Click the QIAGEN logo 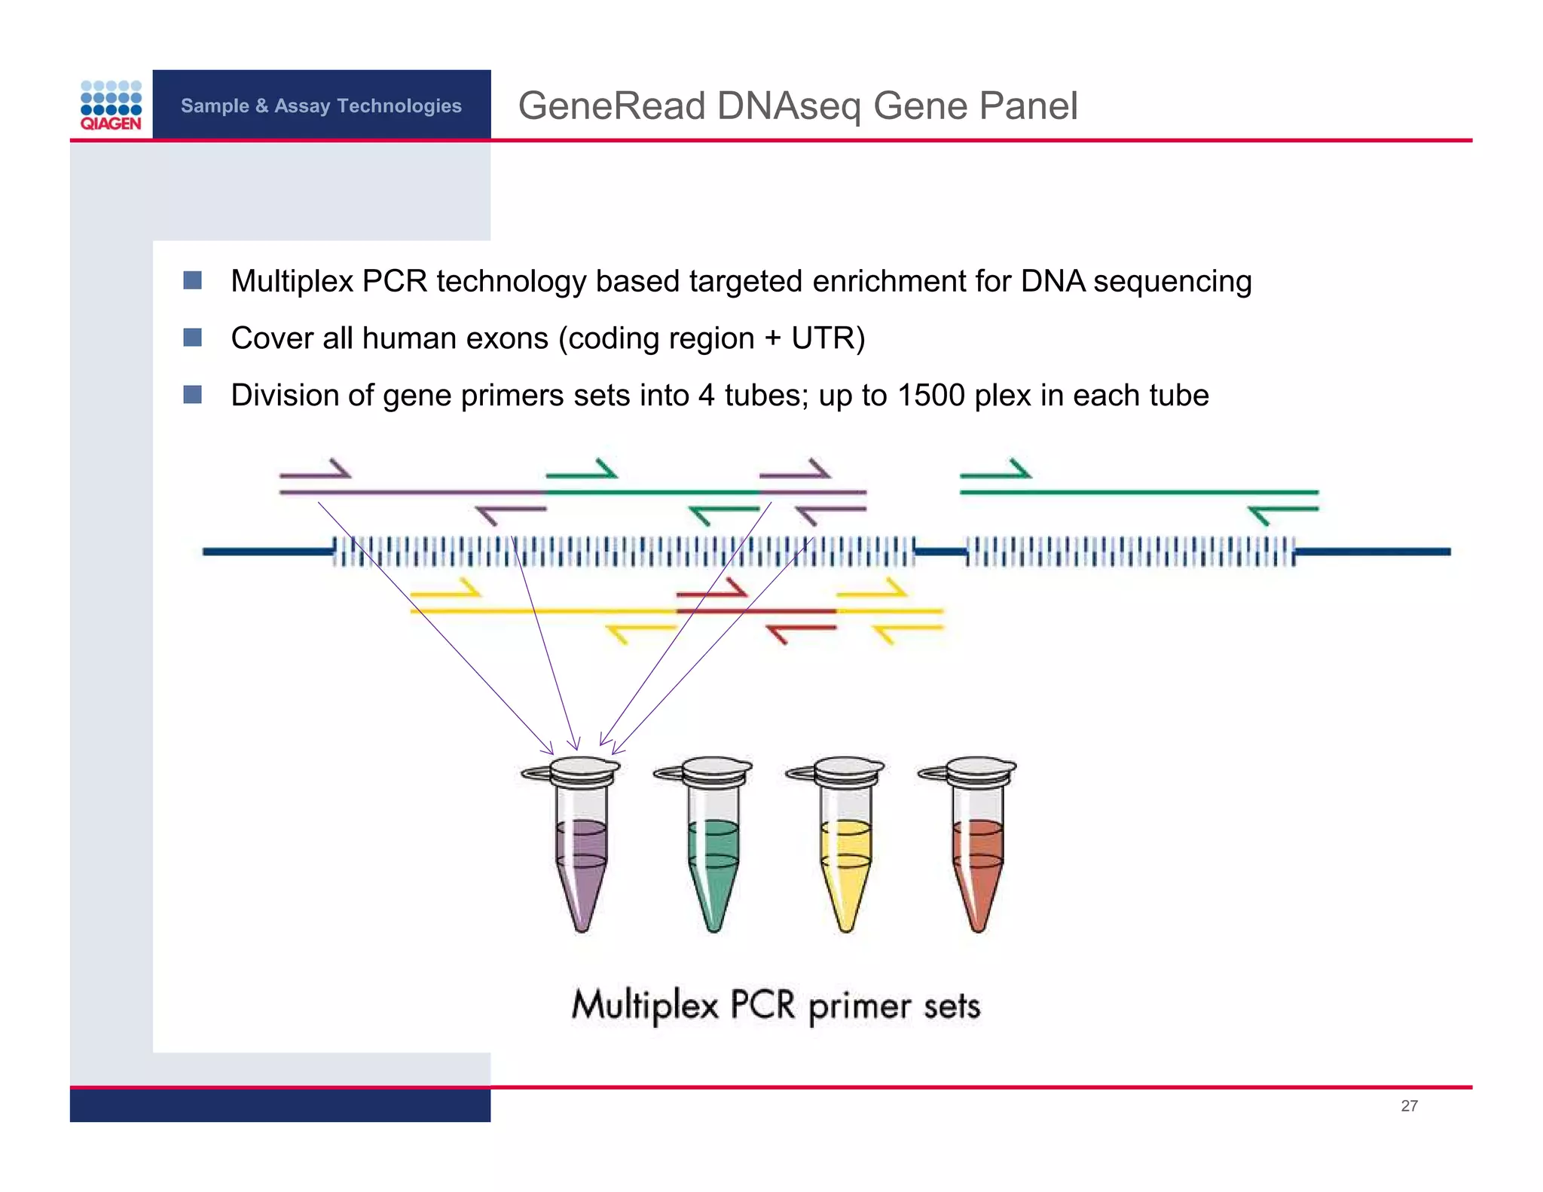coord(111,105)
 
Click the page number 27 coord(1409,1105)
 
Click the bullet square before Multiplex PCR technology coord(193,280)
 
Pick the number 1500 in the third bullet coord(931,396)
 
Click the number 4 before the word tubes coord(706,396)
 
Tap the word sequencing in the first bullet coord(1172,281)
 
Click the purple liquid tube coord(581,859)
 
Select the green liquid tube coord(713,859)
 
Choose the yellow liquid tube coord(845,859)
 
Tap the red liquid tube coord(977,859)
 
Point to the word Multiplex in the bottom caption coord(644,1005)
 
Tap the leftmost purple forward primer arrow coord(316,470)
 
